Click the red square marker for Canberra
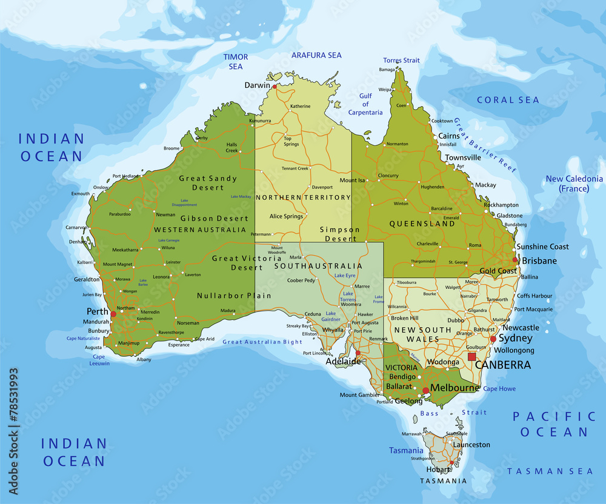[472, 357]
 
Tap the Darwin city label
[257, 85]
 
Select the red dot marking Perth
[113, 314]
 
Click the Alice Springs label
[286, 216]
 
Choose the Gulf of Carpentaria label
[365, 104]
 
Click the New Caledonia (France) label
[574, 184]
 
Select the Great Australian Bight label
[262, 342]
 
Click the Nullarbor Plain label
[234, 296]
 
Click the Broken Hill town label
[405, 318]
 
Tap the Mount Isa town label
[353, 181]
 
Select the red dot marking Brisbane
[515, 260]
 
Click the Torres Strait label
[401, 61]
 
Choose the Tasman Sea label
[550, 471]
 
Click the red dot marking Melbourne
[426, 391]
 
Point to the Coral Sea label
[508, 100]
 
